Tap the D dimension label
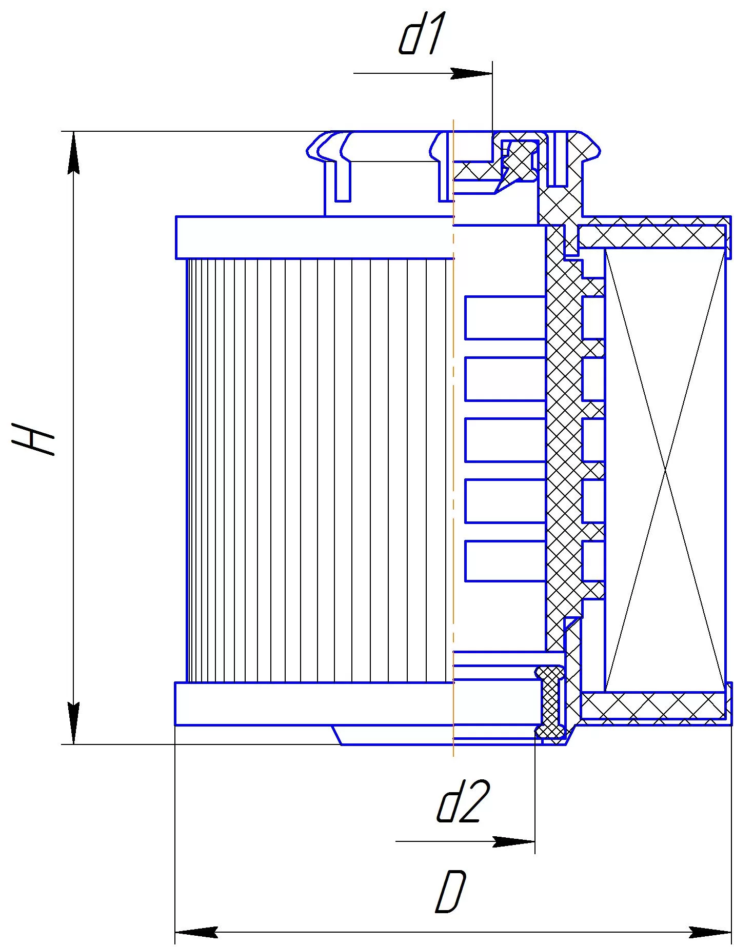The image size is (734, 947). click(x=451, y=891)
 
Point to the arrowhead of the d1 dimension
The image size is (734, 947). click(x=471, y=73)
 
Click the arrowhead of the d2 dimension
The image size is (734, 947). click(x=514, y=841)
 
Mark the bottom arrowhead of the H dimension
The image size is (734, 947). click(x=74, y=723)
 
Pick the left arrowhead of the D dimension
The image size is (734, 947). click(x=196, y=932)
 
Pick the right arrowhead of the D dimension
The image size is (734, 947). click(x=710, y=932)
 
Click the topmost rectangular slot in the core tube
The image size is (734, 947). click(x=505, y=317)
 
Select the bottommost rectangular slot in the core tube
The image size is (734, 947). click(x=505, y=561)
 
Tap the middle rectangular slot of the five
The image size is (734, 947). click(x=505, y=439)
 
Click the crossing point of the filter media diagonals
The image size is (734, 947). click(x=666, y=470)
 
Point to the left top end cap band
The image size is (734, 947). click(x=314, y=237)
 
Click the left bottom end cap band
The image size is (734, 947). click(x=314, y=703)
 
